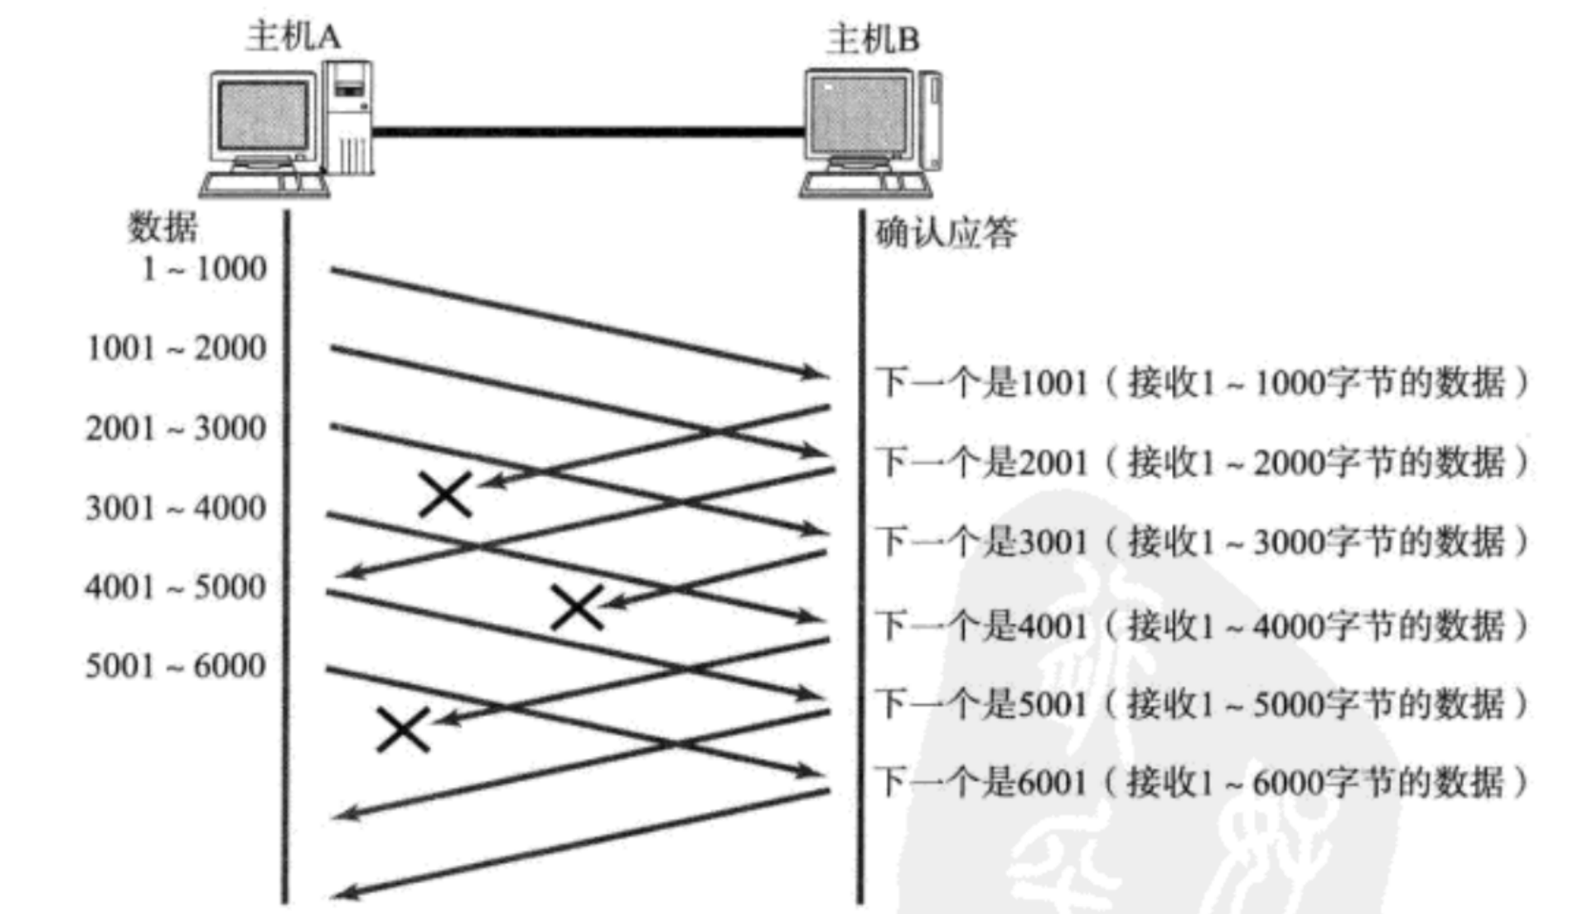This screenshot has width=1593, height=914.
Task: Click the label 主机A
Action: coord(293,36)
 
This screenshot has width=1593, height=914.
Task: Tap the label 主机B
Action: coord(874,39)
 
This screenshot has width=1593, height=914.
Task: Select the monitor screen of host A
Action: coord(262,115)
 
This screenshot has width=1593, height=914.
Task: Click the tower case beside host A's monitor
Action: coord(348,116)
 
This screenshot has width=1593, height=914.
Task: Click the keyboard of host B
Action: coord(864,184)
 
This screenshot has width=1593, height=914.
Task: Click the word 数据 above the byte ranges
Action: coord(162,226)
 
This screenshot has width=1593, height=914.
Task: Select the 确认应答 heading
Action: coord(947,233)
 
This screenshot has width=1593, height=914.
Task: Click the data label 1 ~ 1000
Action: coord(204,268)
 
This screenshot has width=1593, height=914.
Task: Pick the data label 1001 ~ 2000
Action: coord(177,348)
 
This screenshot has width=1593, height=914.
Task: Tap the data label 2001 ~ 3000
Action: coord(176,428)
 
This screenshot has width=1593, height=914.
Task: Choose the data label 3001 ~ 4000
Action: coord(176,507)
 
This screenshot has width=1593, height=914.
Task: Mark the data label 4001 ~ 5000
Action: coord(176,587)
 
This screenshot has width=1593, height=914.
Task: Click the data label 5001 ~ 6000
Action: coord(176,665)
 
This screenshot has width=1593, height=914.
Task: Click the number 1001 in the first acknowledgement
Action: coord(1053,383)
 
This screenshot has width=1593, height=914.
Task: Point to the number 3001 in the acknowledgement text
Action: coord(1053,542)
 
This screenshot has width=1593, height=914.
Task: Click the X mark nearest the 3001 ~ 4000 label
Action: coord(446,495)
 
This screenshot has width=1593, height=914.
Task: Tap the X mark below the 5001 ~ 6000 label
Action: coord(404,729)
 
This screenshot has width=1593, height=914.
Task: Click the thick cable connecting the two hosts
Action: coord(588,131)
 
